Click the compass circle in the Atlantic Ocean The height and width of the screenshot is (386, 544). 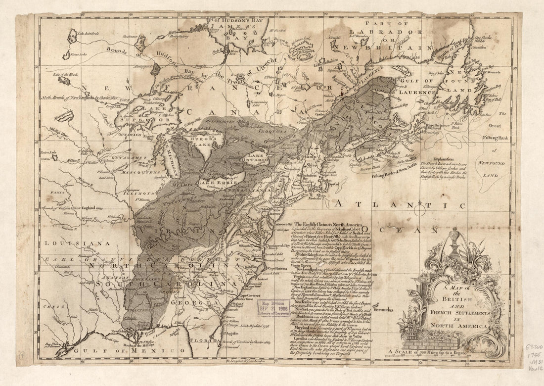[x=420, y=211]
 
